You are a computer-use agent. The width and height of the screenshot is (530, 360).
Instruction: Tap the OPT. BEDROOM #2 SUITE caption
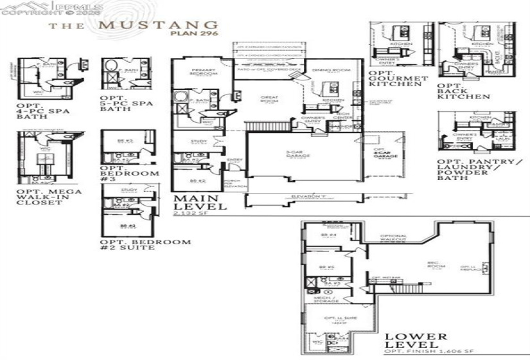pyautogui.click(x=145, y=245)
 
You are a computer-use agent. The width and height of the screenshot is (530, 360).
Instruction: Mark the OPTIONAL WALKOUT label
pyautogui.click(x=393, y=237)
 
